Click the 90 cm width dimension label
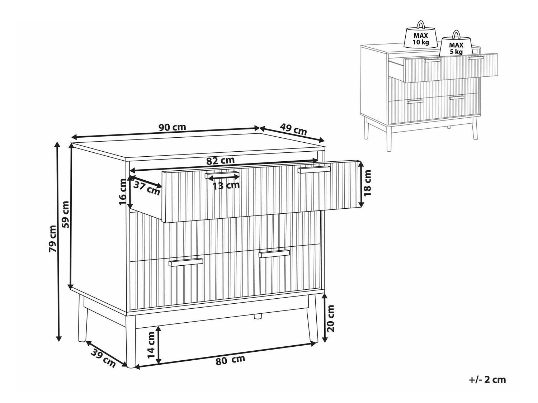172,127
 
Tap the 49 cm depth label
293,129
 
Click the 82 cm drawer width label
220,161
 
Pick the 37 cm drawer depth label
147,188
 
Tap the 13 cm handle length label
226,185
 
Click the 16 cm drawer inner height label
122,192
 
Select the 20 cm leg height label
330,318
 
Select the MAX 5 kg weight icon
456,47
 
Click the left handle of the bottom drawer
185,262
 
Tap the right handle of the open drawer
314,170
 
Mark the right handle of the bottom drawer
274,254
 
